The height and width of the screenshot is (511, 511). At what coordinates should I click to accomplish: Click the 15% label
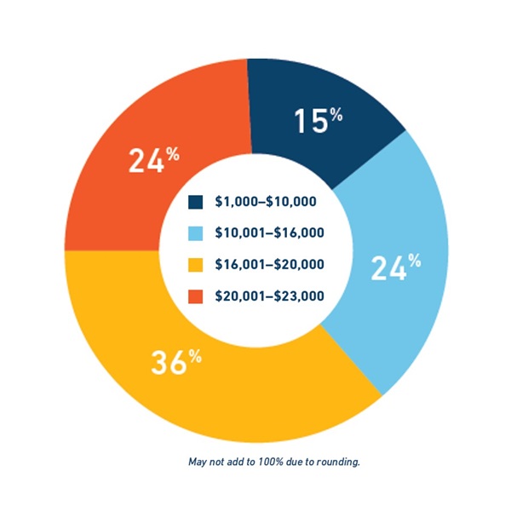click(x=318, y=122)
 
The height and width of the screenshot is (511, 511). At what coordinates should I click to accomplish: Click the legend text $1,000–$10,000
click(x=266, y=202)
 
